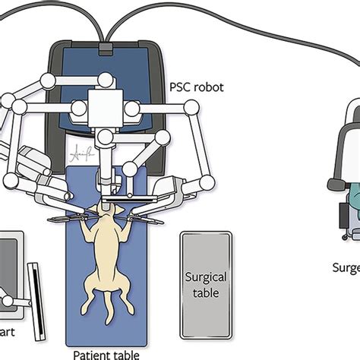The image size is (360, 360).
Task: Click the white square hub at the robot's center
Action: coord(103,106)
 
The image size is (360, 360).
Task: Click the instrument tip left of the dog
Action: coord(55,222)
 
